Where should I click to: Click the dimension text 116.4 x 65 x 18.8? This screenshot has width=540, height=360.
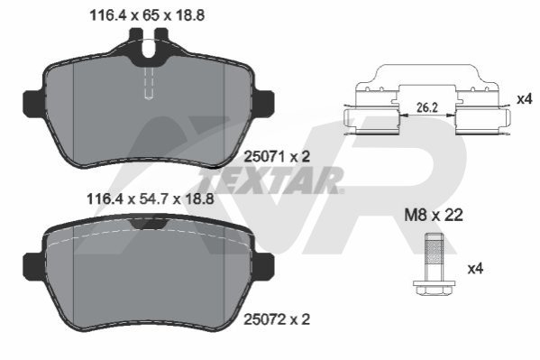click(147, 15)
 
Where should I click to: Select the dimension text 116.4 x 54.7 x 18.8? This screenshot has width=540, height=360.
click(151, 199)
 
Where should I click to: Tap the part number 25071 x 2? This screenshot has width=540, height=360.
click(277, 157)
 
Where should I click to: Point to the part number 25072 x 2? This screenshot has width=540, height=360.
click(277, 319)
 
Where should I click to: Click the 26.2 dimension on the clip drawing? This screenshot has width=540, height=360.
click(427, 108)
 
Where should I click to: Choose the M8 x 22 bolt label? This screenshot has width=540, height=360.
click(434, 216)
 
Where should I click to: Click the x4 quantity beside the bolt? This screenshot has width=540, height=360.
click(475, 269)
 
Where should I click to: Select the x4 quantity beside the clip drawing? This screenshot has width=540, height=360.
click(525, 99)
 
